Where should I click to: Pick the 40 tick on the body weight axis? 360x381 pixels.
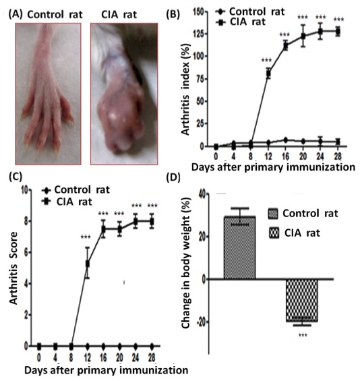point(202,194)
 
